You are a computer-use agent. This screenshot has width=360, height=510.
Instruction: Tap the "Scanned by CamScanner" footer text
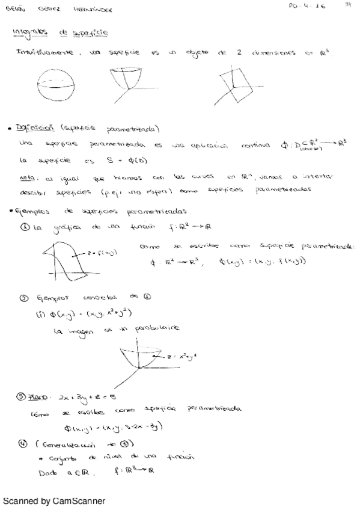coord(54,500)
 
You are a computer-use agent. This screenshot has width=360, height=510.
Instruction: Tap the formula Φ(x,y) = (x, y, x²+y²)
coord(84,314)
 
